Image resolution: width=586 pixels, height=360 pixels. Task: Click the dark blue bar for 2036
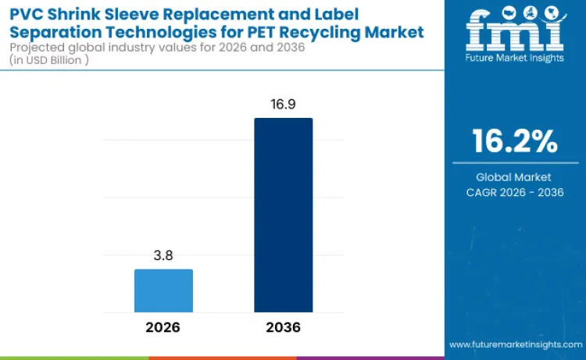tap(283, 215)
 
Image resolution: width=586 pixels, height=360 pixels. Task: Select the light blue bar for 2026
tap(163, 290)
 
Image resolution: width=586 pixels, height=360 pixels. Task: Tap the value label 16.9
tap(283, 104)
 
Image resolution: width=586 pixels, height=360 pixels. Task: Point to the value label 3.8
tap(163, 255)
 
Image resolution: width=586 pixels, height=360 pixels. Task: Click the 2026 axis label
tap(163, 327)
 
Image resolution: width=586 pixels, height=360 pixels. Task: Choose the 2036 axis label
tap(283, 327)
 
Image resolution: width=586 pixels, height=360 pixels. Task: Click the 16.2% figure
tap(515, 141)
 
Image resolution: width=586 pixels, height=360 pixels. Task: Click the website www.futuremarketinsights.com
tap(514, 344)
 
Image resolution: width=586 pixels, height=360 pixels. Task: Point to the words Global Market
tap(515, 177)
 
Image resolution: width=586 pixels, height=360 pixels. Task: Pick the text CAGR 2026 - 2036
tap(515, 192)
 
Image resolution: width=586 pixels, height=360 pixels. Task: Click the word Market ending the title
tap(398, 32)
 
